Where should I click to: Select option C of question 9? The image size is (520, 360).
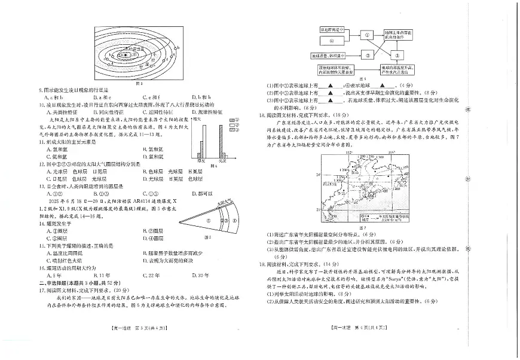tap(146, 97)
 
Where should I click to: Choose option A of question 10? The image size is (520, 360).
tap(47, 112)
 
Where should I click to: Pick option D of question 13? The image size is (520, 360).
tap(194, 194)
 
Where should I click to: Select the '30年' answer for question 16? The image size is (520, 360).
tap(197, 275)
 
